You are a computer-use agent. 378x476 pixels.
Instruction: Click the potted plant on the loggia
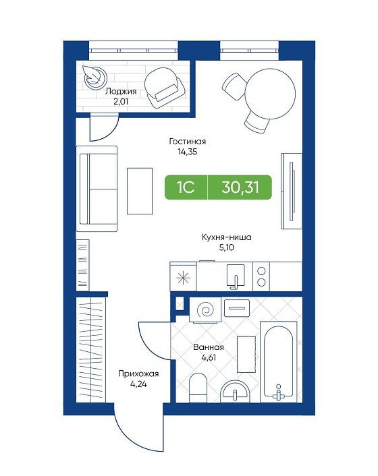[x=95, y=78]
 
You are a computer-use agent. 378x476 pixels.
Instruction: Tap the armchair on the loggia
[x=165, y=88]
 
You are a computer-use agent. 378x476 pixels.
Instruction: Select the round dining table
[x=270, y=94]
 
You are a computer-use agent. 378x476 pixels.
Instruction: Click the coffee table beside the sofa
[x=140, y=191]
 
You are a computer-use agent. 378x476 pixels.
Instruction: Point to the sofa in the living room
[x=97, y=189]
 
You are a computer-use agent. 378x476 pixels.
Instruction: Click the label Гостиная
[x=188, y=142]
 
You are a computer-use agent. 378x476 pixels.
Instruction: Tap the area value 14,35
[x=188, y=152]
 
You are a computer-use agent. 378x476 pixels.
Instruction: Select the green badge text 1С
[x=186, y=187]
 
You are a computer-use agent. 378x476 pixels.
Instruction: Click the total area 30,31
[x=240, y=187]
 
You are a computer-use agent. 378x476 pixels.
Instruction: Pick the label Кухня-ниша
[x=227, y=237]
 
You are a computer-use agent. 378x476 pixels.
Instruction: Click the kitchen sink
[x=236, y=275]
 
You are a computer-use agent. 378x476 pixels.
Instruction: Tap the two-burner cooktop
[x=261, y=276]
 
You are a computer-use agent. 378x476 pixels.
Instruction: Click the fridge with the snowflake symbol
[x=183, y=277]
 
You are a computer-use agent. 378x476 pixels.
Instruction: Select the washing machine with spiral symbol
[x=205, y=310]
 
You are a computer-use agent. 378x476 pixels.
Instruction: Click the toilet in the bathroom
[x=198, y=388]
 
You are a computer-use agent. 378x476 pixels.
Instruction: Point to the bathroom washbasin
[x=235, y=392]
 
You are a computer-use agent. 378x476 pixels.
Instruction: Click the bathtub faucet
[x=278, y=393]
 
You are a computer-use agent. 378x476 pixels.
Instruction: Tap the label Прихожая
[x=138, y=374]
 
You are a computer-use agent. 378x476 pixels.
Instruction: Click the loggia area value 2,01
[x=121, y=101]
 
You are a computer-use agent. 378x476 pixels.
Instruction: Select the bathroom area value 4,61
[x=209, y=357]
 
